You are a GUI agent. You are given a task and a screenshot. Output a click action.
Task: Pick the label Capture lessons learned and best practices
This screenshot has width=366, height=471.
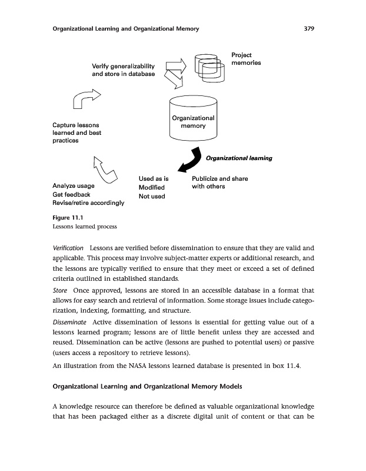point(77,133)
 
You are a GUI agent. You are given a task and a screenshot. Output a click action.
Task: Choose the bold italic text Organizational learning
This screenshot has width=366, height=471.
point(238,158)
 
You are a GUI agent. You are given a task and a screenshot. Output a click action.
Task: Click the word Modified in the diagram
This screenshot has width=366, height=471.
point(151,187)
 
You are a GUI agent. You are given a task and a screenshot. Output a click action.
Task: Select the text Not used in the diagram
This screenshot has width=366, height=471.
point(151,196)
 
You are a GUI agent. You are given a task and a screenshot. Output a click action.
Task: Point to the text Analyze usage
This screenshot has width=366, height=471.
point(74,185)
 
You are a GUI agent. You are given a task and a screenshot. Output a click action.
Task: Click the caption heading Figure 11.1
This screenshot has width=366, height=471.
point(66,218)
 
